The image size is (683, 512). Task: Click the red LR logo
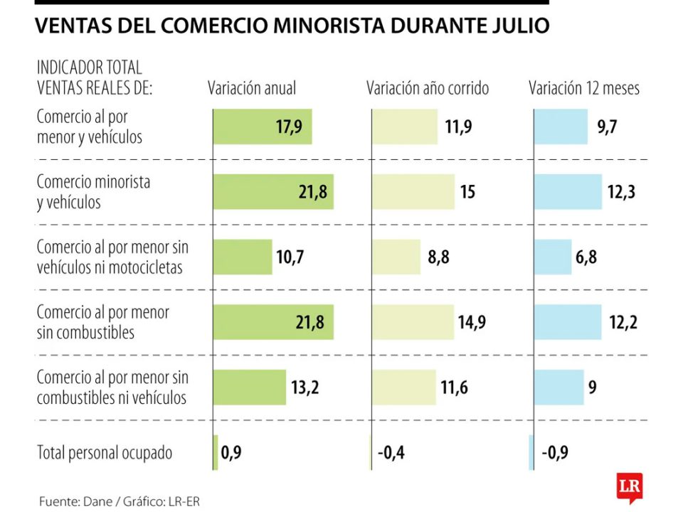630,487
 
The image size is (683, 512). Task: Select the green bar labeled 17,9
262,127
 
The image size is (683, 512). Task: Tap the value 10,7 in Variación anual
290,257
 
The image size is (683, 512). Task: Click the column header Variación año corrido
428,89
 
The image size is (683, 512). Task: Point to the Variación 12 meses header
583,89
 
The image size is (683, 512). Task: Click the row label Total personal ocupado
105,453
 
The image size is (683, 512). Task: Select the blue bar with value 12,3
568,192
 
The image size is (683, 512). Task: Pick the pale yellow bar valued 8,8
396,257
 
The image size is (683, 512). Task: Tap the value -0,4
391,453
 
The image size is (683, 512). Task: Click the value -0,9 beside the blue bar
555,453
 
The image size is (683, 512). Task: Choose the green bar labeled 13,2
249,388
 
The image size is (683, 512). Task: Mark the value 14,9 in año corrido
472,323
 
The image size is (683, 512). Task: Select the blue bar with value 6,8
553,257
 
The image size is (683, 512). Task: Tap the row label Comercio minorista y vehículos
93,192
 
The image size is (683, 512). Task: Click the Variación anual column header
252,89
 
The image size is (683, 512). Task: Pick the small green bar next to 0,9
216,453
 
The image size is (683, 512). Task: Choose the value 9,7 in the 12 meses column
607,127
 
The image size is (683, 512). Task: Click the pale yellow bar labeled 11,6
403,388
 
